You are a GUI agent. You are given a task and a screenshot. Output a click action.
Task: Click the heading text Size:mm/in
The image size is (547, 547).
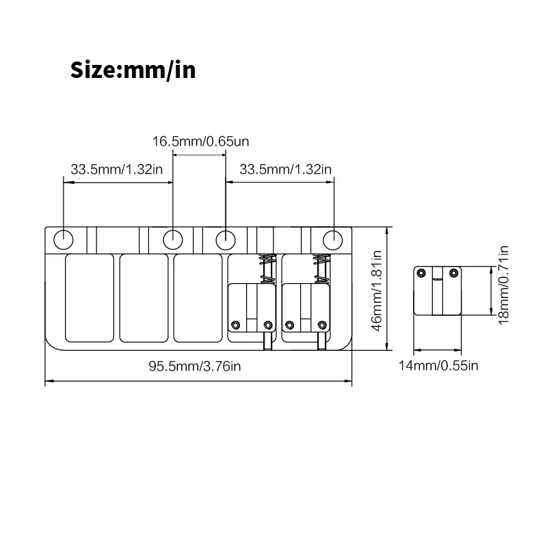(x=133, y=70)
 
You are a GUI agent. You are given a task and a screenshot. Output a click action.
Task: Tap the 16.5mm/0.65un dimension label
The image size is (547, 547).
(x=200, y=142)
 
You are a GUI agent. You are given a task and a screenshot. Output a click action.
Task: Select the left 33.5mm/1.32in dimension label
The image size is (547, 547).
(x=116, y=169)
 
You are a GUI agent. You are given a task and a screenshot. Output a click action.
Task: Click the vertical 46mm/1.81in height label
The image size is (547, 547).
(x=375, y=290)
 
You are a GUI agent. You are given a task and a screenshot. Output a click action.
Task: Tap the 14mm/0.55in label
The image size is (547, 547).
(x=438, y=366)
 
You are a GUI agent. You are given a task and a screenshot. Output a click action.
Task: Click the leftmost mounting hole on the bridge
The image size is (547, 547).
(x=63, y=240)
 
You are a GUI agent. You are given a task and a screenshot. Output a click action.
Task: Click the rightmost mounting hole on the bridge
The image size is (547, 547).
(x=333, y=240)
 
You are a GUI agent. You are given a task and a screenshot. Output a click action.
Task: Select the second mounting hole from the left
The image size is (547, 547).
(x=172, y=240)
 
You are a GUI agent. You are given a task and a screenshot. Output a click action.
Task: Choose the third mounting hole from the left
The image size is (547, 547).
(x=226, y=240)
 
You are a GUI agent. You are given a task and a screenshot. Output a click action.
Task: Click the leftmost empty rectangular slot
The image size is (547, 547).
(x=90, y=298)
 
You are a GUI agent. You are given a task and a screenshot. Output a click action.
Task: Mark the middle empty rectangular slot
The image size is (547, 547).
(x=144, y=298)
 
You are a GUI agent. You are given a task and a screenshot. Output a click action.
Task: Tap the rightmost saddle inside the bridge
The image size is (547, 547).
(x=305, y=308)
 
